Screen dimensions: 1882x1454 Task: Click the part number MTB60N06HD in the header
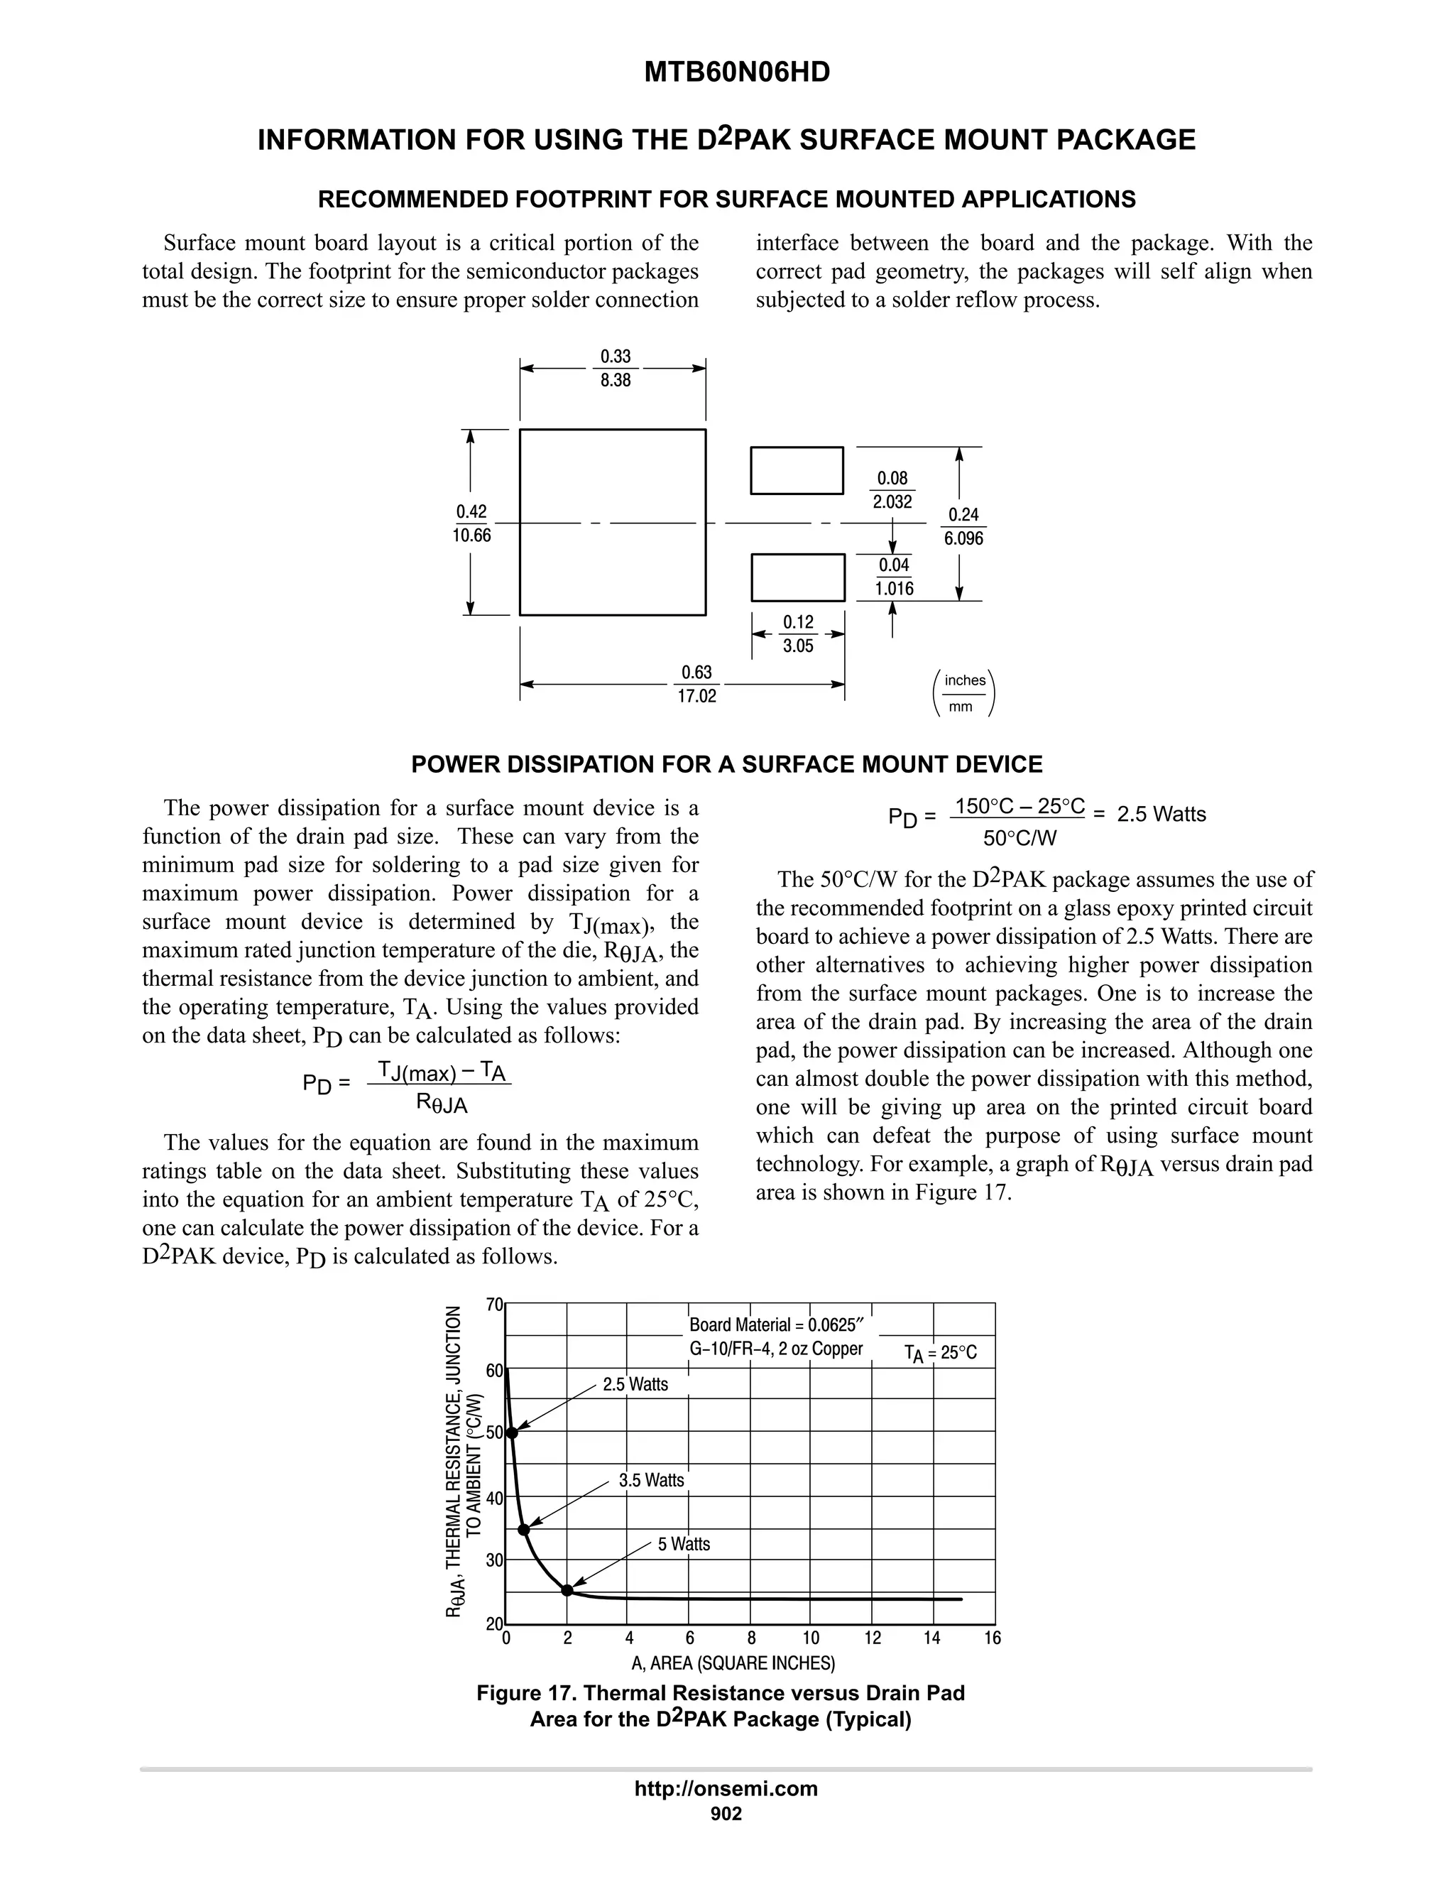[736, 72]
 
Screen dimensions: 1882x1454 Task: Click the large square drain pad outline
[613, 522]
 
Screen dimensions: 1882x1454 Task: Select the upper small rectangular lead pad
[797, 470]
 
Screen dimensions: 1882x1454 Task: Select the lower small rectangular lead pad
[797, 577]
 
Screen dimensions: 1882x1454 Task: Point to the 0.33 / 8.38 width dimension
[615, 368]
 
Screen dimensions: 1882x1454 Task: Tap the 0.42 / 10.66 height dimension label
[471, 523]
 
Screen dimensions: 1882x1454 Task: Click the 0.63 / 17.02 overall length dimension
[696, 684]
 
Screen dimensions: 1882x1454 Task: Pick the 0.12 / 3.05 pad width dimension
[797, 634]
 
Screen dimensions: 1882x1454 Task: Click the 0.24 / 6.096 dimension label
[963, 526]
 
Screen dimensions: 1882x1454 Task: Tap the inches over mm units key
[964, 694]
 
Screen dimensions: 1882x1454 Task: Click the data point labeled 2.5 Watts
[512, 1432]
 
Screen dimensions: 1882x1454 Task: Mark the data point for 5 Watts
[567, 1590]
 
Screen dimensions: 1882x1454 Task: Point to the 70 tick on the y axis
[493, 1305]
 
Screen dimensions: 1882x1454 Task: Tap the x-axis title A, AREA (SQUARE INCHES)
[733, 1663]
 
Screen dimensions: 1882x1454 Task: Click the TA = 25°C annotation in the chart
[940, 1353]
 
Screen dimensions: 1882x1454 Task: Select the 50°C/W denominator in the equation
[1020, 837]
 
